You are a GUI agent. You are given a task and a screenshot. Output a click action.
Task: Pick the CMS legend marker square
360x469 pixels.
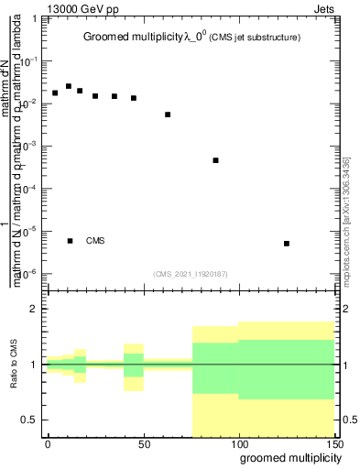(70, 241)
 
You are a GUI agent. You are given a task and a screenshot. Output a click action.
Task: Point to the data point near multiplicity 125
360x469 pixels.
(287, 243)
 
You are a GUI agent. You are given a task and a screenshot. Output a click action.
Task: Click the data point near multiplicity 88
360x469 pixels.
(215, 160)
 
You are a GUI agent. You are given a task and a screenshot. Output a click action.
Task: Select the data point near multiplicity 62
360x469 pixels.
(168, 115)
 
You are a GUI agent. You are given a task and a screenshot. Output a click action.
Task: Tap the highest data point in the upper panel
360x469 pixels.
(69, 86)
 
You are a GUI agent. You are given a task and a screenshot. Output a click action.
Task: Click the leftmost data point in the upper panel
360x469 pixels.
(55, 93)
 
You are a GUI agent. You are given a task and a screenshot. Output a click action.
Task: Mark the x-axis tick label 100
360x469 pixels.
(238, 443)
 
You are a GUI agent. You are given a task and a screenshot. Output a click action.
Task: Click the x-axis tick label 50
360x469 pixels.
(143, 443)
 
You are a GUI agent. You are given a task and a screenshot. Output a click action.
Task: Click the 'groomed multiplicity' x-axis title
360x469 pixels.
(286, 458)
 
